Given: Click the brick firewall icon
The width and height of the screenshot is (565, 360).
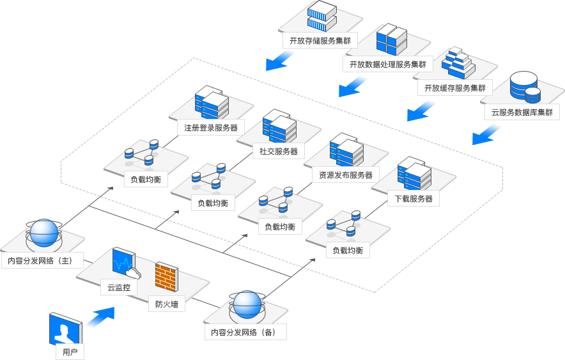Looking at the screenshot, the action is [x=166, y=276].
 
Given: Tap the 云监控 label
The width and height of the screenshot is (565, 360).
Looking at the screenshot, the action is [x=118, y=288].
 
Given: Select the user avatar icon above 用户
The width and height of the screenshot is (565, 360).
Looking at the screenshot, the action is [x=66, y=329].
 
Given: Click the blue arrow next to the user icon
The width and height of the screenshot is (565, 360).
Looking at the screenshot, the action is [x=101, y=317].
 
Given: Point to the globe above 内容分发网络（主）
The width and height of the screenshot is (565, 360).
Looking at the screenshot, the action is [x=43, y=233].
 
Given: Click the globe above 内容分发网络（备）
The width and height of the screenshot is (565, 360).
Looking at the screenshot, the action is [x=247, y=305].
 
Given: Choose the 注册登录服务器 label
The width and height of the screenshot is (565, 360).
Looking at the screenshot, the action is [x=211, y=128].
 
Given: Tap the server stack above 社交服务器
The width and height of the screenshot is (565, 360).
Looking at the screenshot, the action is [x=279, y=126].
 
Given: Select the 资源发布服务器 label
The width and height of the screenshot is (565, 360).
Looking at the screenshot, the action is [x=346, y=175].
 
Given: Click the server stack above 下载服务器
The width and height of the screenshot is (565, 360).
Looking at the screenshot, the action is [x=414, y=173].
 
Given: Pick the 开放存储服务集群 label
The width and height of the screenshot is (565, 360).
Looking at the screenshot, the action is [x=320, y=41].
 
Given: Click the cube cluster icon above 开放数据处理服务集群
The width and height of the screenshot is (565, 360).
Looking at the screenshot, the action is [x=392, y=39].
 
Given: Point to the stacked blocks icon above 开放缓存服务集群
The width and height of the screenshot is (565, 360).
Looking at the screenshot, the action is [x=459, y=63].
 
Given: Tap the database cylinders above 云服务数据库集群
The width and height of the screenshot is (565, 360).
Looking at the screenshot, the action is [x=525, y=87].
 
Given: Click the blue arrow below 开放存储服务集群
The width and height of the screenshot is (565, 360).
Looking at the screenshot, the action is [x=280, y=60].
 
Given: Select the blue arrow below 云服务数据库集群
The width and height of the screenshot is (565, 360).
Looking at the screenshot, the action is [x=486, y=134].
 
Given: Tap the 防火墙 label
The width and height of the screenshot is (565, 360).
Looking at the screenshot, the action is [x=167, y=304].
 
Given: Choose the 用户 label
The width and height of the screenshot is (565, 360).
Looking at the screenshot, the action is [x=70, y=352].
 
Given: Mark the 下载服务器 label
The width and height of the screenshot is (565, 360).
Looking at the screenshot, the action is [x=414, y=199].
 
